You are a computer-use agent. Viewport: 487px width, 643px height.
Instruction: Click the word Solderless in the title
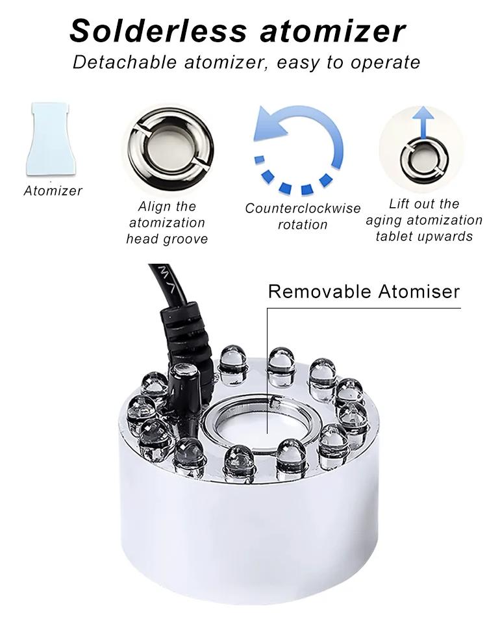158,31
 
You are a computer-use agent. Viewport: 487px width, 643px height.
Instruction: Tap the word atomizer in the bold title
333,31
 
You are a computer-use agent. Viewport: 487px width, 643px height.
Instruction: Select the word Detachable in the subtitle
125,62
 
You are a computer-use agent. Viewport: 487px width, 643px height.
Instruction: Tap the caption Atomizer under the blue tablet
53,191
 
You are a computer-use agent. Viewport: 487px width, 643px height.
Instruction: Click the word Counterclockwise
303,208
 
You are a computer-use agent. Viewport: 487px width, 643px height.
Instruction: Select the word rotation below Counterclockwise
303,225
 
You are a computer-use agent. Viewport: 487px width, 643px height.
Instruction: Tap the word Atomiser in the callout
419,292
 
